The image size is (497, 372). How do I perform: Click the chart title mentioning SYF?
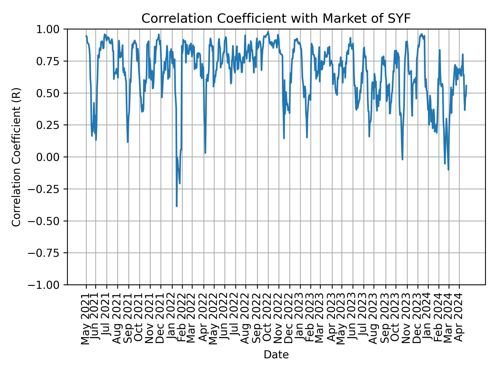276,19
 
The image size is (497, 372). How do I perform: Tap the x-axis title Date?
276,355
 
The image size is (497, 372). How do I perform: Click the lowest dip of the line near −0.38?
177,206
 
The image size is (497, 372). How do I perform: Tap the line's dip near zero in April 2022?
205,153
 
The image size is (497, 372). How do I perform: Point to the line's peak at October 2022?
268,32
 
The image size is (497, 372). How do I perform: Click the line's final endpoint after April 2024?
466,85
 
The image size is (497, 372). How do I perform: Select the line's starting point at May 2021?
86,36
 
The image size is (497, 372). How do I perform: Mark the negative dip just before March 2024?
448,170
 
